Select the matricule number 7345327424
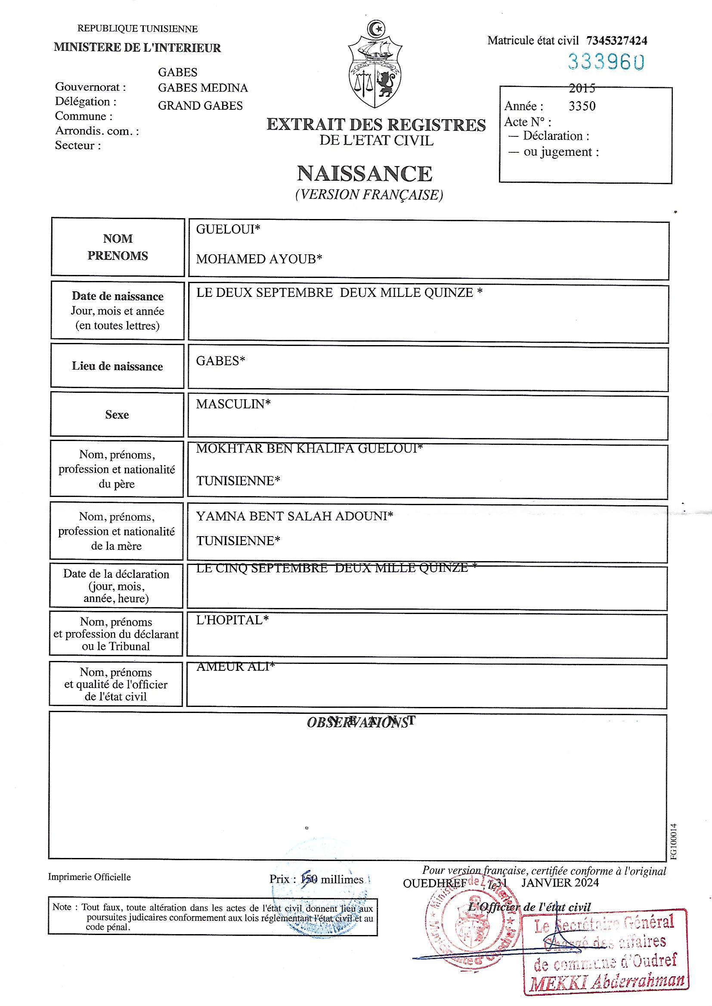pyautogui.click(x=616, y=41)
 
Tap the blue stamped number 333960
pyautogui.click(x=606, y=62)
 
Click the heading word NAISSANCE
pyautogui.click(x=364, y=173)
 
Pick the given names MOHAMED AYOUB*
pyautogui.click(x=259, y=259)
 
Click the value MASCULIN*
pyautogui.click(x=233, y=404)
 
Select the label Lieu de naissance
pyautogui.click(x=117, y=366)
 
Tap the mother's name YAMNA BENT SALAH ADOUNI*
pyautogui.click(x=294, y=516)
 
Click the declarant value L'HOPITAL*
pyautogui.click(x=232, y=620)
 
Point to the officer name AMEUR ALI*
pyautogui.click(x=235, y=667)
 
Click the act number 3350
pyautogui.click(x=582, y=106)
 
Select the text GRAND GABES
pyautogui.click(x=200, y=105)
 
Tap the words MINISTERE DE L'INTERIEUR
pyautogui.click(x=137, y=48)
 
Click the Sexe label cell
pyautogui.click(x=117, y=414)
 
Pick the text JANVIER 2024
pyautogui.click(x=560, y=882)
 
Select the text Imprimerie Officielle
pyautogui.click(x=90, y=877)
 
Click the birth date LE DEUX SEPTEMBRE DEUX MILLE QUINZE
pyautogui.click(x=339, y=293)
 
